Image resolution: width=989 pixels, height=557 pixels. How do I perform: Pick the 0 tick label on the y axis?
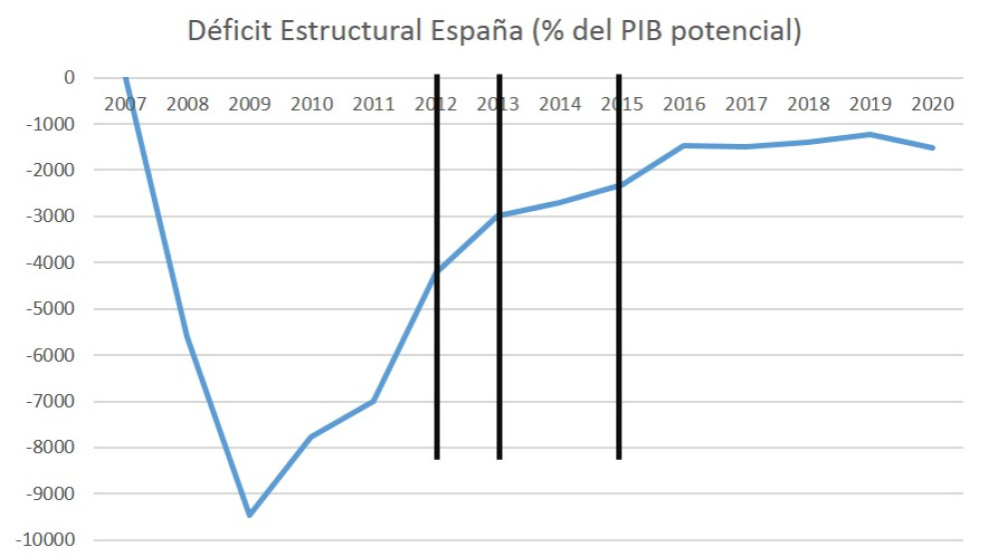(68, 78)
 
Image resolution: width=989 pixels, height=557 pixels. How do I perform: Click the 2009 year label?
(250, 104)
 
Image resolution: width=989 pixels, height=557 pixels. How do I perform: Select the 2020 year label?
(933, 104)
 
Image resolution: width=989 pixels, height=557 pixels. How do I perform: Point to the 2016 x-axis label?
(684, 104)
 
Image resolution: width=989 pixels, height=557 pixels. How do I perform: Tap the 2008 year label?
(188, 104)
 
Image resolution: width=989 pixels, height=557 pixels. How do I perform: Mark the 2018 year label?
(808, 104)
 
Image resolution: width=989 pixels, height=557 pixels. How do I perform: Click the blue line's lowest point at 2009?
(250, 515)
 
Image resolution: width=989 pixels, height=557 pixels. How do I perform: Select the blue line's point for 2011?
(374, 401)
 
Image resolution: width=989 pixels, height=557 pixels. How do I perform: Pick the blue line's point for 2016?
(684, 145)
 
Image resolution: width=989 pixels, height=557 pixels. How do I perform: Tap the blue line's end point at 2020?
(933, 148)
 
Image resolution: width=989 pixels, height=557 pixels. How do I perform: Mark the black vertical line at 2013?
(498, 350)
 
